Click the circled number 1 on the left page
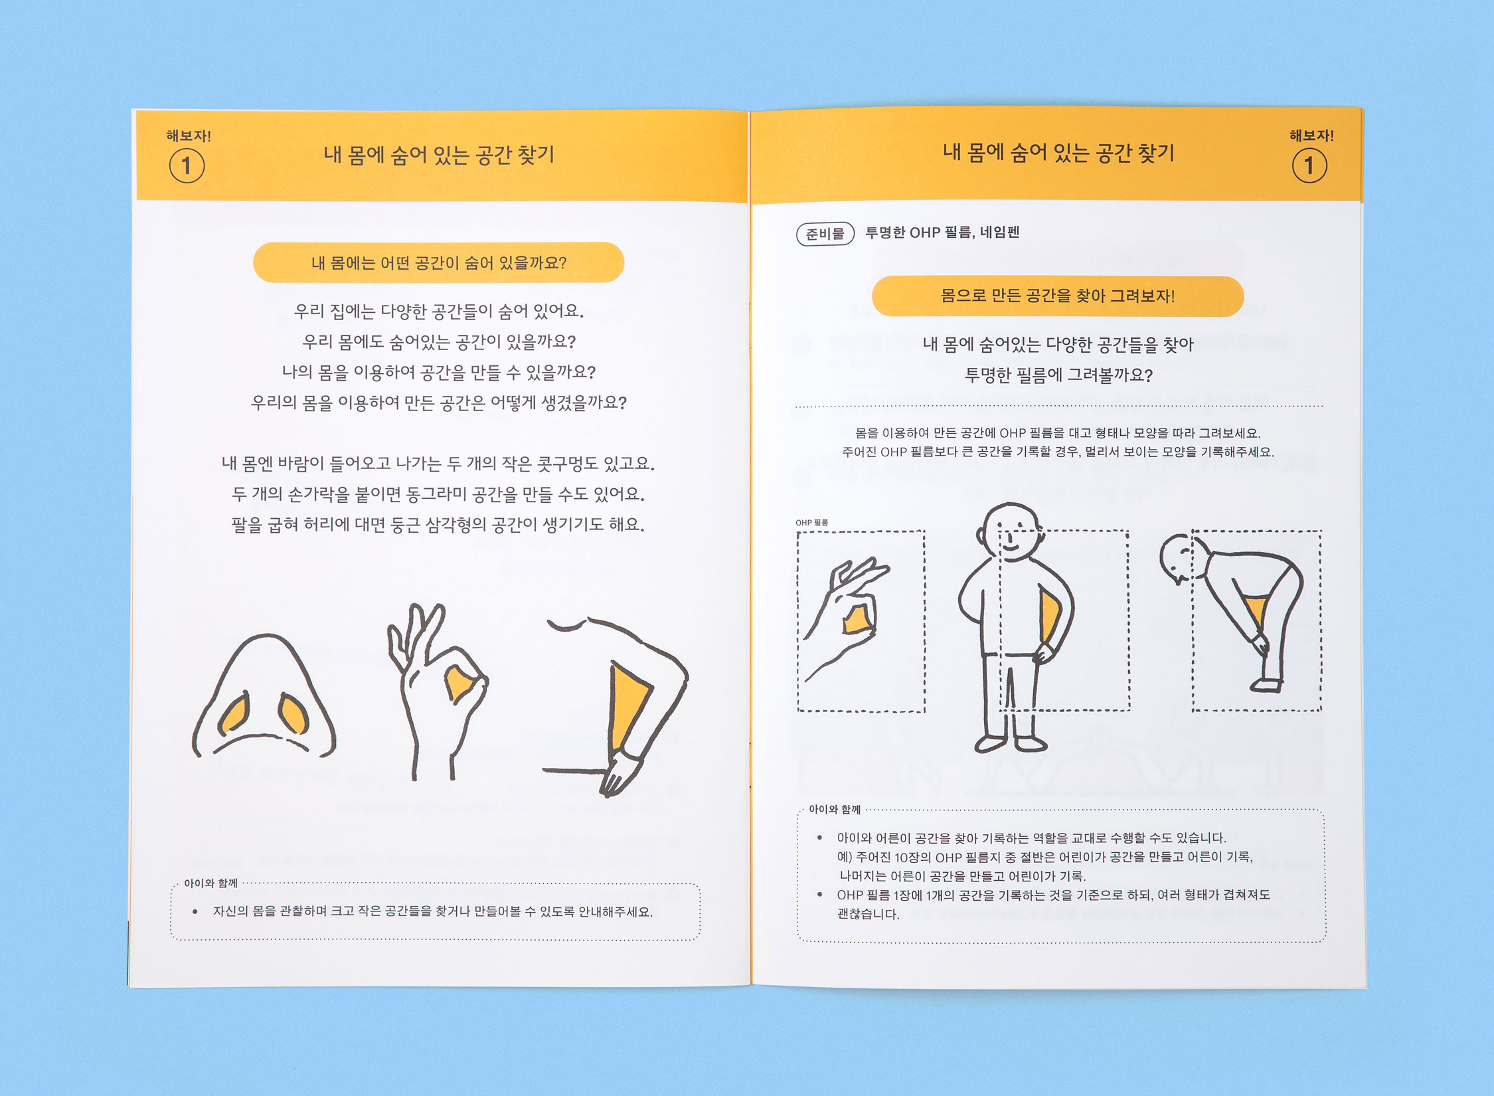coord(187,165)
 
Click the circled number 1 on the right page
coord(1309,165)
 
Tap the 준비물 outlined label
coord(825,234)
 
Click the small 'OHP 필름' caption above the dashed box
coord(811,523)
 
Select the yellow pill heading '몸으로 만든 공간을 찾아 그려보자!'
coord(1057,296)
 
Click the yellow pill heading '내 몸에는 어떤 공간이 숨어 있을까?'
coord(438,263)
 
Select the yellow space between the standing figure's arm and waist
coord(1049,618)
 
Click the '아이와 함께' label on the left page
coord(210,883)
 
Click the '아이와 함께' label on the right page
coord(835,810)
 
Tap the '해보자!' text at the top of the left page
coord(189,136)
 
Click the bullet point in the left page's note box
coord(195,912)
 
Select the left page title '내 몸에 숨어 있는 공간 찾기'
coord(439,155)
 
